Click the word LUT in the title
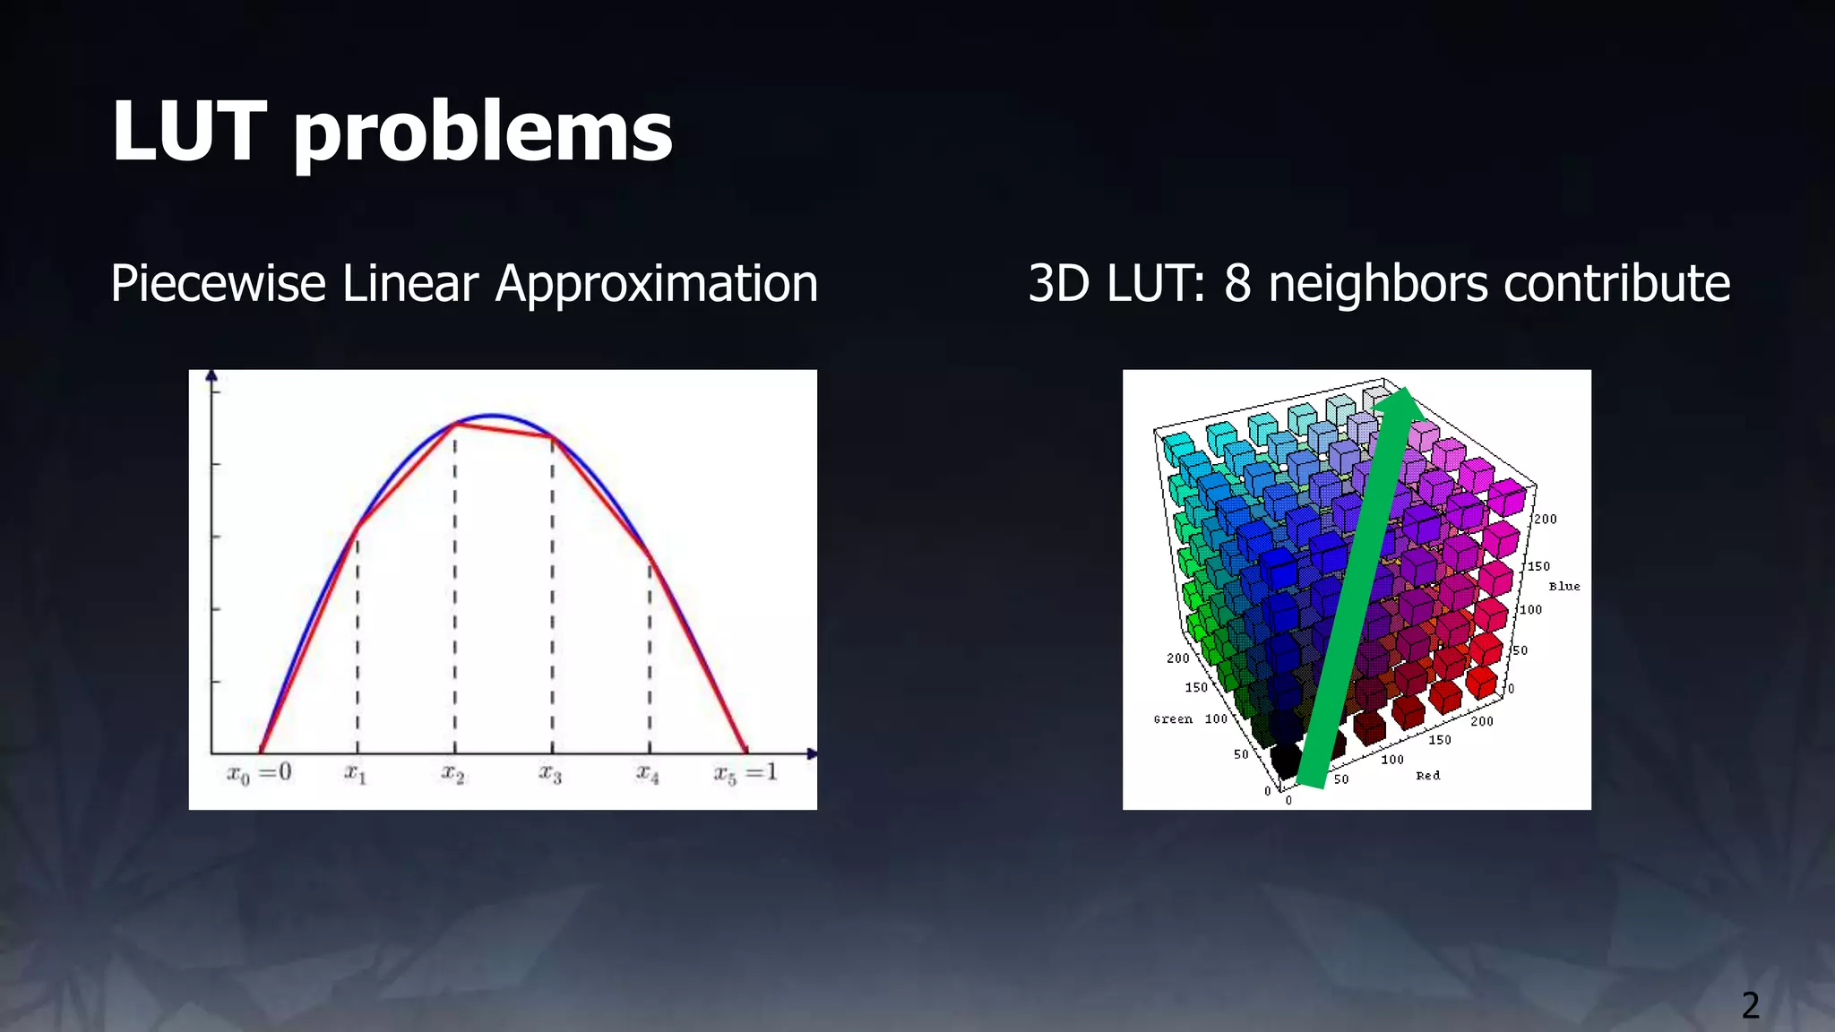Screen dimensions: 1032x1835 click(x=189, y=132)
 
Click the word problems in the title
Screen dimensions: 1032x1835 click(x=483, y=134)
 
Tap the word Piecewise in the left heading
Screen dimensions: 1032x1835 click(x=218, y=284)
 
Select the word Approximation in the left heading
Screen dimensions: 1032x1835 click(x=656, y=284)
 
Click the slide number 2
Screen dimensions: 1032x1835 click(x=1750, y=1005)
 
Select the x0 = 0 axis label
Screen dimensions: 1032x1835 click(x=259, y=773)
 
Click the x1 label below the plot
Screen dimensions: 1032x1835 click(x=356, y=773)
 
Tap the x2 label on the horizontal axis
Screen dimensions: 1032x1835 click(x=453, y=773)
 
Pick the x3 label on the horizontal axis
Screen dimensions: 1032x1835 click(x=550, y=773)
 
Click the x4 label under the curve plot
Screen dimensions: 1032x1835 click(x=648, y=773)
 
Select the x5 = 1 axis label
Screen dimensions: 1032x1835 click(x=745, y=773)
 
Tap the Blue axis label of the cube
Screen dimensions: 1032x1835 click(x=1564, y=586)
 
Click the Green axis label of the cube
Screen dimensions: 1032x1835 click(x=1173, y=718)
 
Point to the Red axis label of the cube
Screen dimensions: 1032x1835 click(x=1428, y=775)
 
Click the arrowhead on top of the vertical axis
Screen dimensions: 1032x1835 click(x=211, y=375)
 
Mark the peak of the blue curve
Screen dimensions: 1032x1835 click(x=491, y=415)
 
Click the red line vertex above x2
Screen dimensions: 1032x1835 click(x=455, y=424)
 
